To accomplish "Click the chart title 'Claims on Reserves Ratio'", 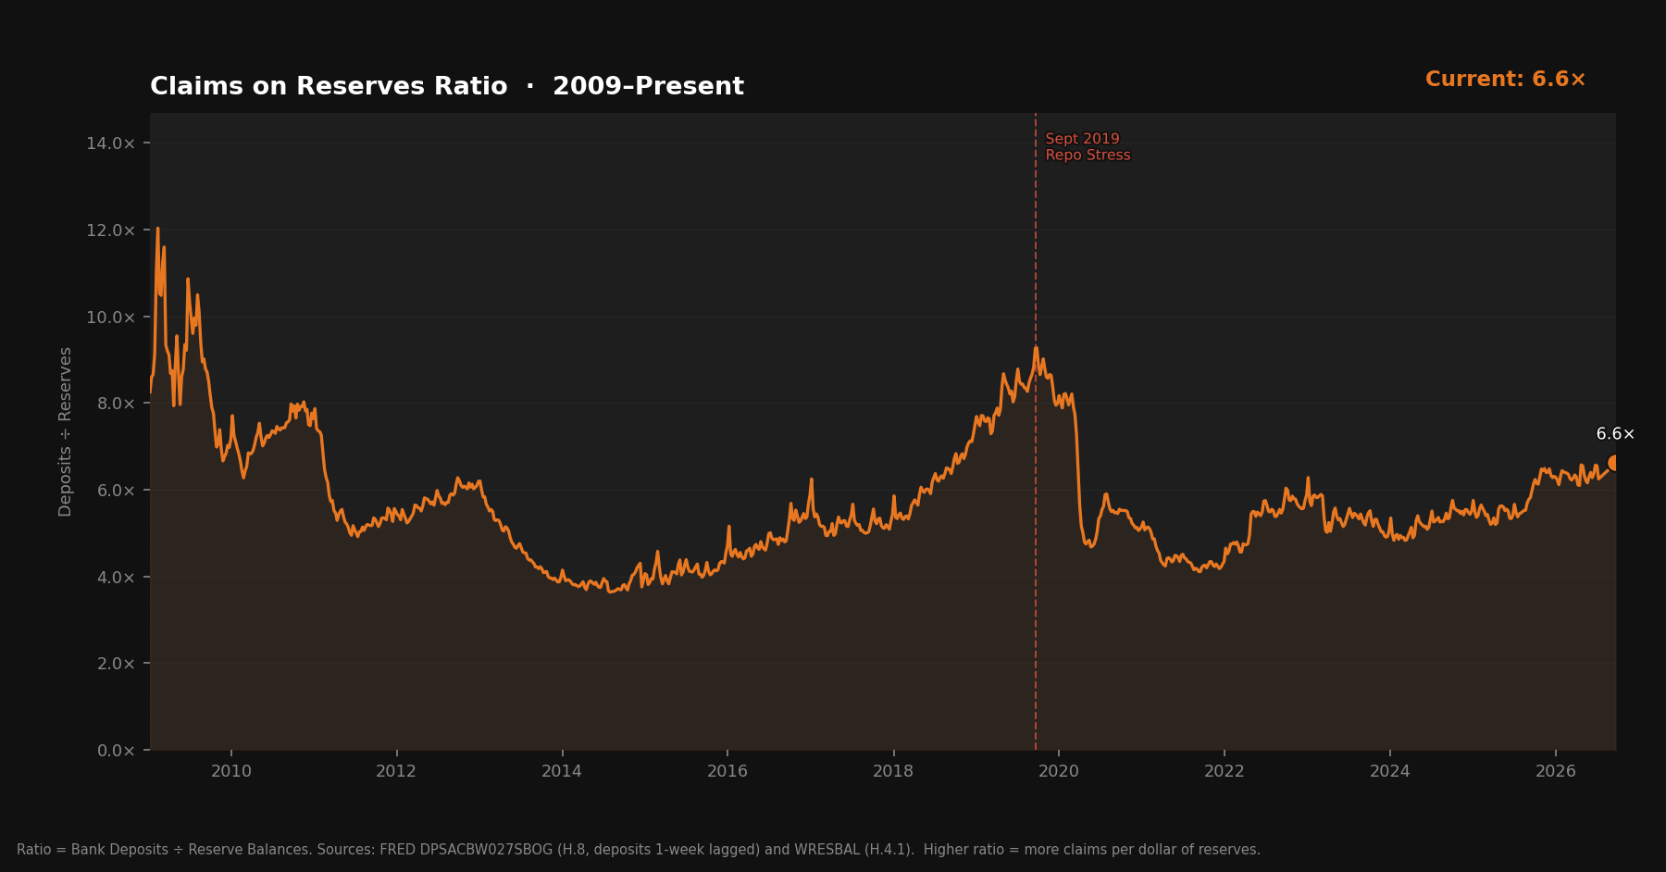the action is click(x=329, y=86).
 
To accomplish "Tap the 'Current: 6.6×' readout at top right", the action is click(x=1505, y=80).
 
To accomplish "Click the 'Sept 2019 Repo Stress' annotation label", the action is click(x=1088, y=147).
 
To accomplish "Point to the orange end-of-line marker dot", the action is click(x=1614, y=463).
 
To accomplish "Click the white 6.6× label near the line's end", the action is click(x=1615, y=434).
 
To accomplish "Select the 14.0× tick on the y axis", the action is click(x=111, y=143).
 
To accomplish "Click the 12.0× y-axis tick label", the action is click(x=111, y=230).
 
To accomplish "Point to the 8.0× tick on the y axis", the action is click(x=116, y=404).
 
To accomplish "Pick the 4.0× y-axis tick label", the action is click(x=116, y=577).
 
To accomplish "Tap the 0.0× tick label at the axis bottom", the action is click(x=116, y=751).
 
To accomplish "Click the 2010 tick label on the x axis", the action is click(x=231, y=771).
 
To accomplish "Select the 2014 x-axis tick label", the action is click(x=562, y=771).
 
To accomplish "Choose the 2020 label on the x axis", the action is click(x=1059, y=771).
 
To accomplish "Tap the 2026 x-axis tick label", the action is click(x=1556, y=771).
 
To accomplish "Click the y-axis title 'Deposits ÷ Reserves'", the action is click(x=65, y=431).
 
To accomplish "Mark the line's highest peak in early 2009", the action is click(x=157, y=228).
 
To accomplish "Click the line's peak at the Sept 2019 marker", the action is click(x=1036, y=347).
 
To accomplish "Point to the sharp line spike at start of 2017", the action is click(x=811, y=480).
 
